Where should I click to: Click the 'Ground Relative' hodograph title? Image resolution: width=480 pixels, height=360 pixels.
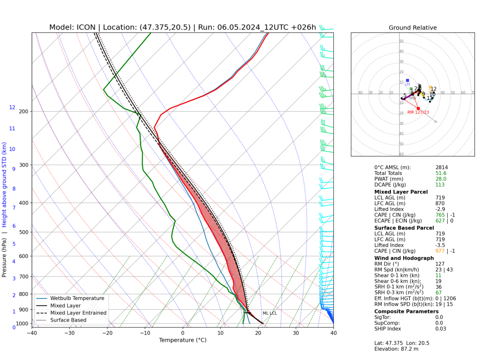(412, 28)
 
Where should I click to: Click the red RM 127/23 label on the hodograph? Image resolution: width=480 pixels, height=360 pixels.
(418, 112)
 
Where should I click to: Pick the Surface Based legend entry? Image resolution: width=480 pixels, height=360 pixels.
(73, 320)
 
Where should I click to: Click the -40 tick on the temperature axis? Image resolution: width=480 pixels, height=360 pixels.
(32, 333)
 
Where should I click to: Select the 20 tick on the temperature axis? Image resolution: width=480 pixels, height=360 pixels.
(258, 333)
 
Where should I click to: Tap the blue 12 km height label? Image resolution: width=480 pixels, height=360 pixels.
(12, 107)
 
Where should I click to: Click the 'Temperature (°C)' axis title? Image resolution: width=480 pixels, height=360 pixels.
(182, 340)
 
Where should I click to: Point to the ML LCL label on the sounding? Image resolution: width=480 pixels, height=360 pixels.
(270, 313)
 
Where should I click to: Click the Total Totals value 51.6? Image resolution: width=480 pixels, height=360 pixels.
(442, 173)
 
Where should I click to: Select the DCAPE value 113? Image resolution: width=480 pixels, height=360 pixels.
(440, 184)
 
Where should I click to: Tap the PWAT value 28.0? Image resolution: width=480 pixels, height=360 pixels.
(442, 179)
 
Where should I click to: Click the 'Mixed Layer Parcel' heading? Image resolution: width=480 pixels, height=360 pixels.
(401, 192)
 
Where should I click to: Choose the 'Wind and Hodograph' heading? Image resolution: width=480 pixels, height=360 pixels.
(404, 258)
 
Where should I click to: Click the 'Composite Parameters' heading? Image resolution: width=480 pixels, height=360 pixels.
(406, 311)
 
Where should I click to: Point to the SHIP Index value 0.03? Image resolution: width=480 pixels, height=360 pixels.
(442, 328)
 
